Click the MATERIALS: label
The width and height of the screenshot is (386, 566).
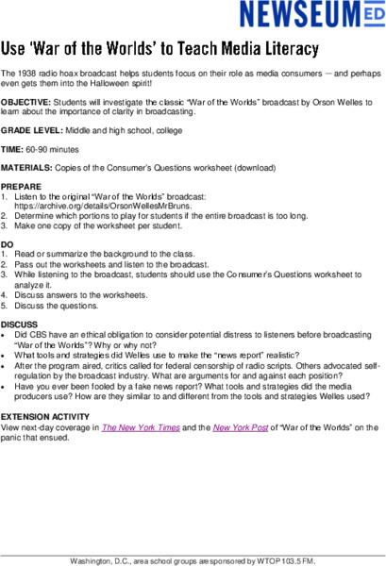[x=26, y=166]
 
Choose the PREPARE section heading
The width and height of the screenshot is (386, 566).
[x=21, y=186]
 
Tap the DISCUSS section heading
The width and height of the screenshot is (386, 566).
[x=20, y=323]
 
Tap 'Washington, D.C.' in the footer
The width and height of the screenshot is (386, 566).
[x=98, y=560]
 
